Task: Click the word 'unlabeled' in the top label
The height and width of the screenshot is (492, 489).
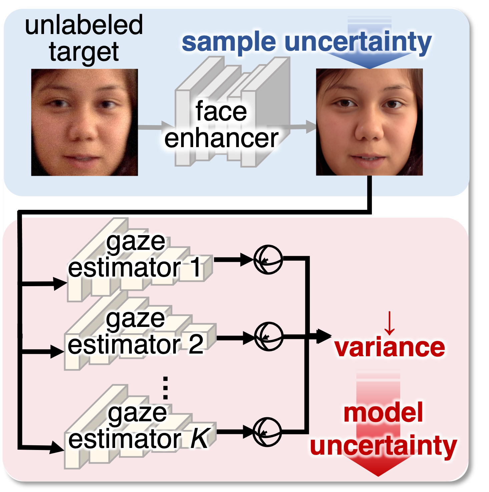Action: [84, 25]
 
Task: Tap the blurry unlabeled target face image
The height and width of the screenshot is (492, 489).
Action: [84, 122]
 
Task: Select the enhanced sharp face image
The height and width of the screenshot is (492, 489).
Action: [369, 122]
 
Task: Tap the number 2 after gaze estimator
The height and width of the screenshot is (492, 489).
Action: [196, 344]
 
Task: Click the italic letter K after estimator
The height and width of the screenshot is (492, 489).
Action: [199, 438]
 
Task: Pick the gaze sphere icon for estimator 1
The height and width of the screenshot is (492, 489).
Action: [268, 260]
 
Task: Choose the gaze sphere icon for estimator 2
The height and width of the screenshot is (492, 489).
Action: [269, 336]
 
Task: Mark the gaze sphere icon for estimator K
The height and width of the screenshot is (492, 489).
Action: [267, 432]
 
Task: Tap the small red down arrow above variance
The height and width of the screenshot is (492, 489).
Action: [389, 323]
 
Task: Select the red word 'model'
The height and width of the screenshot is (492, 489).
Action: [383, 413]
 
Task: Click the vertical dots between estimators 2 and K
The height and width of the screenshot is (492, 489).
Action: [165, 388]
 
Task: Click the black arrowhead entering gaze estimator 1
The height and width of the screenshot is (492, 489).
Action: [60, 284]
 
